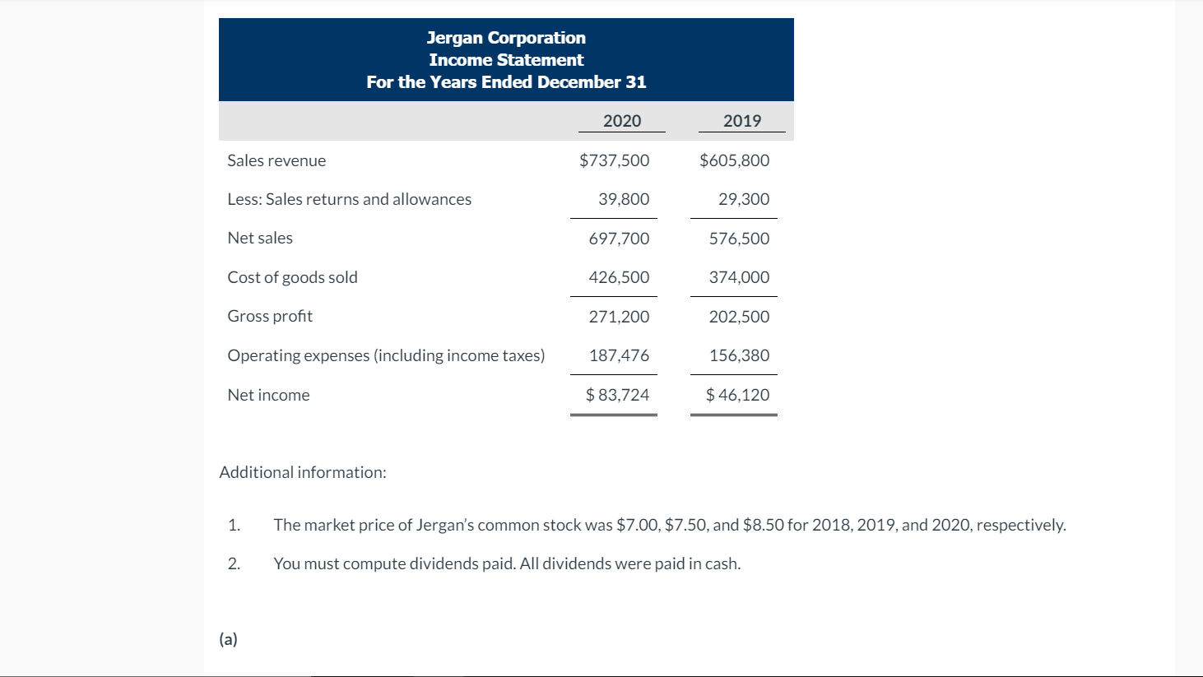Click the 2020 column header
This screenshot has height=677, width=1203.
pos(621,121)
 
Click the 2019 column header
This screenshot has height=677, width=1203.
pos(741,121)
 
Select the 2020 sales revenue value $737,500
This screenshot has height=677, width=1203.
pos(614,160)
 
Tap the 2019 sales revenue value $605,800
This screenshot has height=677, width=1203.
pos(734,160)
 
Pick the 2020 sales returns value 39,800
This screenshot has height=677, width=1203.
pos(623,199)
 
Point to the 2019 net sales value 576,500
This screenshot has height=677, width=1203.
pos(739,239)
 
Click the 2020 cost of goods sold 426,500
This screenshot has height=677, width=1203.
pos(619,277)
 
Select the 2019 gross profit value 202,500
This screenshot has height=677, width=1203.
pos(739,317)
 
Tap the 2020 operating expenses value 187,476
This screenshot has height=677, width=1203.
pos(619,355)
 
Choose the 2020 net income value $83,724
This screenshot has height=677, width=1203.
pos(617,395)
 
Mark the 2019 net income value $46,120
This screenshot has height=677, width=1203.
pos(737,395)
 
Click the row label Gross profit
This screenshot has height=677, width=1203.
pos(270,317)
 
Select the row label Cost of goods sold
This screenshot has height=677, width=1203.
pos(292,277)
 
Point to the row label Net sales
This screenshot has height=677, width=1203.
pos(260,239)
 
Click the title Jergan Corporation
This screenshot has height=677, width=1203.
pos(506,38)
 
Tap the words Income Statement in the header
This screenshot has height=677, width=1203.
pos(506,60)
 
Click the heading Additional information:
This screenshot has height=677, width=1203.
pos(302,472)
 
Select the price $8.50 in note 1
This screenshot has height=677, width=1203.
pos(763,525)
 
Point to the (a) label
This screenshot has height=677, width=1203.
pos(228,639)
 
